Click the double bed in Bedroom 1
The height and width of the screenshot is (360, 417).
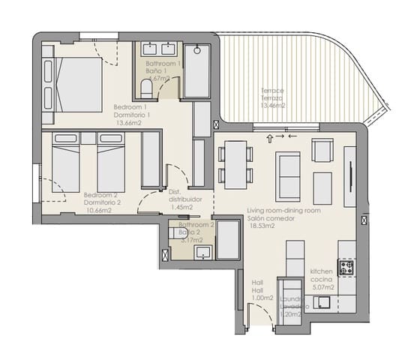[x=75, y=82]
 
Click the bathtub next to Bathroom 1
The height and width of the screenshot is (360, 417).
[x=197, y=71]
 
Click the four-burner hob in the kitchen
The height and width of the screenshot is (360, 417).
[x=346, y=268]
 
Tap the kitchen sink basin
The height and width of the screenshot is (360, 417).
[x=322, y=303]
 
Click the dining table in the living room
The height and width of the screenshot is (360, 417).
[x=236, y=164]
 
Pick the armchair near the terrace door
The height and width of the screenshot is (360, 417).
[x=322, y=150]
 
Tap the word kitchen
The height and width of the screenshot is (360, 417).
[x=323, y=271]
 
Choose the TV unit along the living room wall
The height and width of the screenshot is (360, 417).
[x=350, y=176]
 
